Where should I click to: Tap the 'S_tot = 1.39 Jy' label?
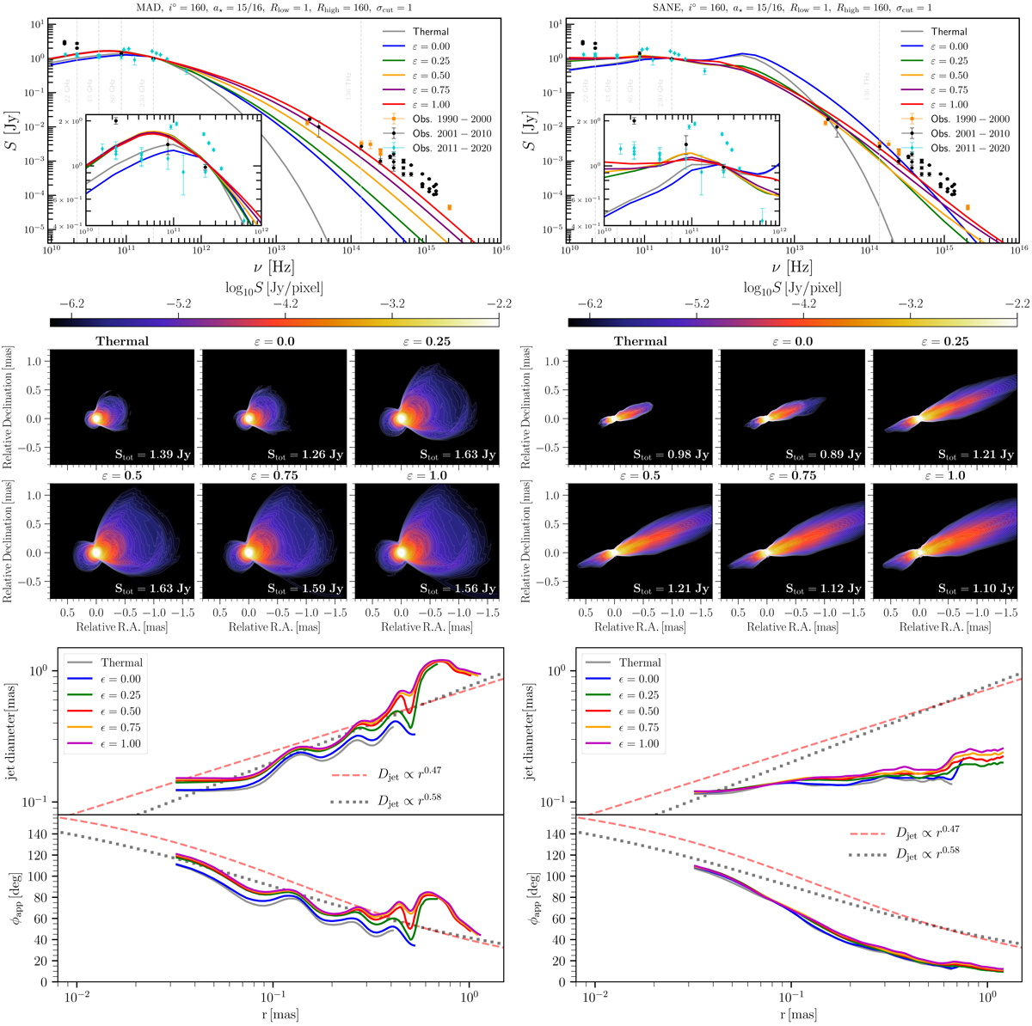click(x=144, y=453)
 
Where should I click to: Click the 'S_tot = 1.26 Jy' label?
click(x=297, y=453)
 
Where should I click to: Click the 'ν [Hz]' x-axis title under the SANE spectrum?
click(x=792, y=267)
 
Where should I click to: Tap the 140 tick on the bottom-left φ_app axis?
click(x=40, y=834)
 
